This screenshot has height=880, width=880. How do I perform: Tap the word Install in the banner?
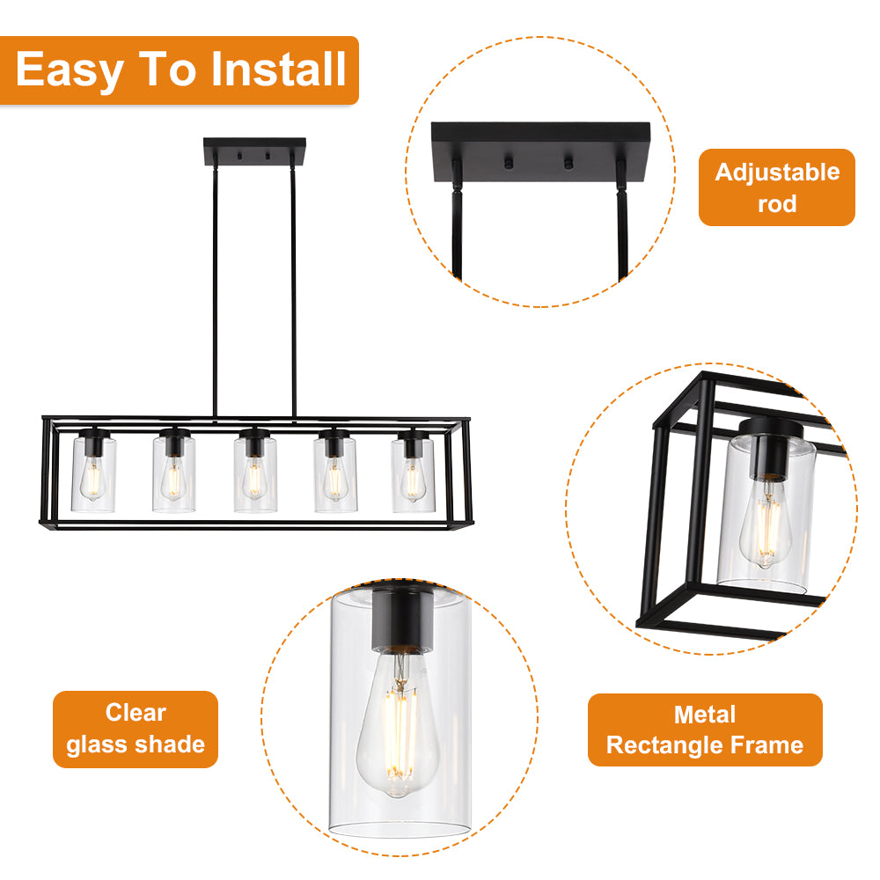click(278, 69)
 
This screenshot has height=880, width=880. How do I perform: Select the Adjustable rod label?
click(777, 187)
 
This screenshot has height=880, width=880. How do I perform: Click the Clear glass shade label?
click(136, 729)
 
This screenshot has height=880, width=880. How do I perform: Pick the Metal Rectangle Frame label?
click(705, 730)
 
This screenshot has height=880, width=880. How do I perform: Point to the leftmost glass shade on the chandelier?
click(94, 474)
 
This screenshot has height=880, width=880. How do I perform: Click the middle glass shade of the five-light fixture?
click(255, 474)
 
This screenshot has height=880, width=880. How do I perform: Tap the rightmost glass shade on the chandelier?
click(413, 474)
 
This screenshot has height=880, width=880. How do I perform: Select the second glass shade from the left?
click(174, 474)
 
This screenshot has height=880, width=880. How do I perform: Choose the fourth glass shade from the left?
click(335, 474)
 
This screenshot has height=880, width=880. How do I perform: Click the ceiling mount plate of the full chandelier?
click(255, 151)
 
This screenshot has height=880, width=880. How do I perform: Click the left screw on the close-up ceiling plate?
click(509, 163)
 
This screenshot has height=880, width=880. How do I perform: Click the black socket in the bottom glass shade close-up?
click(402, 620)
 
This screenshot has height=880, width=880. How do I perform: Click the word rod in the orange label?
click(777, 204)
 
